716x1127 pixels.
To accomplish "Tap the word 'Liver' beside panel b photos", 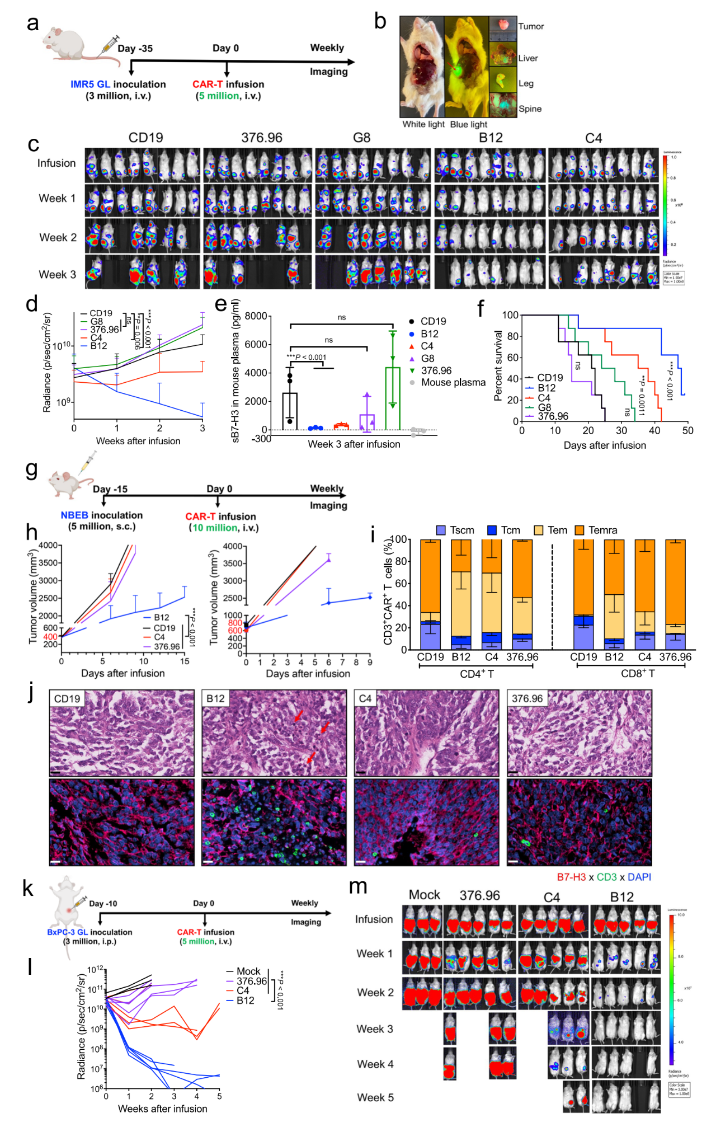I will pos(527,58).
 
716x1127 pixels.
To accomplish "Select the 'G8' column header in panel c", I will pos(361,138).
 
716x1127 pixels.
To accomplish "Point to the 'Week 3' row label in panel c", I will pos(57,274).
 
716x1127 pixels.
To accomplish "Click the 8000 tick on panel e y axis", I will pos(256,316).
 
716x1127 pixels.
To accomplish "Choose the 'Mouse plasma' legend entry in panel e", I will pos(453,382).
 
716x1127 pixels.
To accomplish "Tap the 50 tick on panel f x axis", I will pos(687,430).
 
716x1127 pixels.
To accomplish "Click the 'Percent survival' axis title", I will pos(498,365).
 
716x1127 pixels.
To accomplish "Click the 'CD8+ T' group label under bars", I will pos(638,674).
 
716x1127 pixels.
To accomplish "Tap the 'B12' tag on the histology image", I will pos(215,698).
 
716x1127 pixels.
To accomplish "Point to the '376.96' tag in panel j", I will pos(527,698).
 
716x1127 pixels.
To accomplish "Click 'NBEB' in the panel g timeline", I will pos(74,515).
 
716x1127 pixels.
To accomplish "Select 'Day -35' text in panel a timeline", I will pos(135,48).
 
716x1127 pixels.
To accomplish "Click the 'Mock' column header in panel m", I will pos(425,895).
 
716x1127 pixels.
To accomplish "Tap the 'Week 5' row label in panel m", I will pos(375,1097).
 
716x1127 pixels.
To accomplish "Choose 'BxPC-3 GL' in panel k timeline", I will pos(67,932).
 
